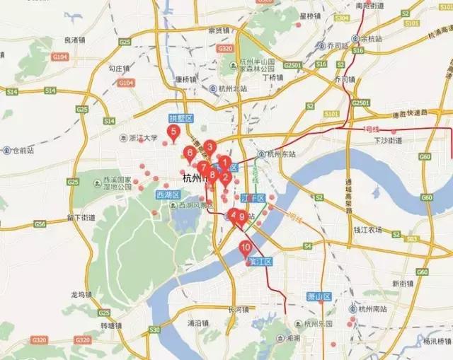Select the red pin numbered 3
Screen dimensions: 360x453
tap(209, 147)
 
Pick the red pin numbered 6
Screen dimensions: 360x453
tap(189, 152)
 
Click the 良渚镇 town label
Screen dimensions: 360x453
tap(73, 40)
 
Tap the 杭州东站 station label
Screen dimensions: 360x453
tap(277, 153)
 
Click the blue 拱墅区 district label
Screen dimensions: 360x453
tap(180, 118)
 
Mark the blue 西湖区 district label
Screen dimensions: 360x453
tap(169, 194)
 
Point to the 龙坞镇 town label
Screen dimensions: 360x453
tap(81, 294)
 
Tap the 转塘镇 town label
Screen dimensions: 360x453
tap(112, 325)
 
